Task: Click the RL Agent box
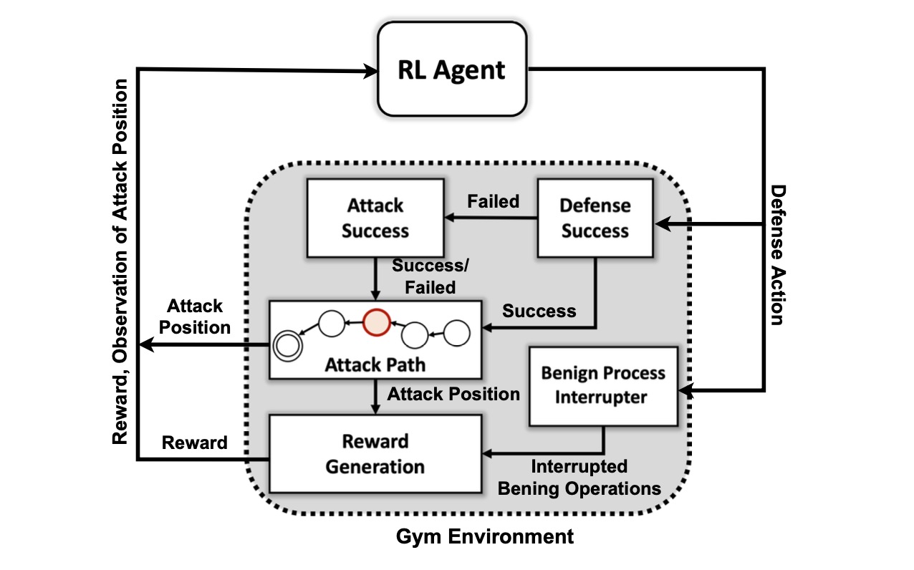(452, 69)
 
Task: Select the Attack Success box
(375, 218)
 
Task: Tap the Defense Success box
(595, 218)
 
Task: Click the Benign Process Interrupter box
(602, 385)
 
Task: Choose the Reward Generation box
(375, 453)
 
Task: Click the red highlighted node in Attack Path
(375, 322)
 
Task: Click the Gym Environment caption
(485, 536)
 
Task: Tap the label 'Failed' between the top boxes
(493, 201)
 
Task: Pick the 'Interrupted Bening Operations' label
(579, 478)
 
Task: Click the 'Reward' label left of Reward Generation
(194, 443)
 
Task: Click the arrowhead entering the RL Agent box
(372, 69)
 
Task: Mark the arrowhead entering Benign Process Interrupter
(685, 391)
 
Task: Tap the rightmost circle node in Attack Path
(457, 333)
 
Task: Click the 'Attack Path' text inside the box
(375, 364)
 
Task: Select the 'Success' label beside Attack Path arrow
(539, 311)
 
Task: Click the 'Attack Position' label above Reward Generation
(453, 394)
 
